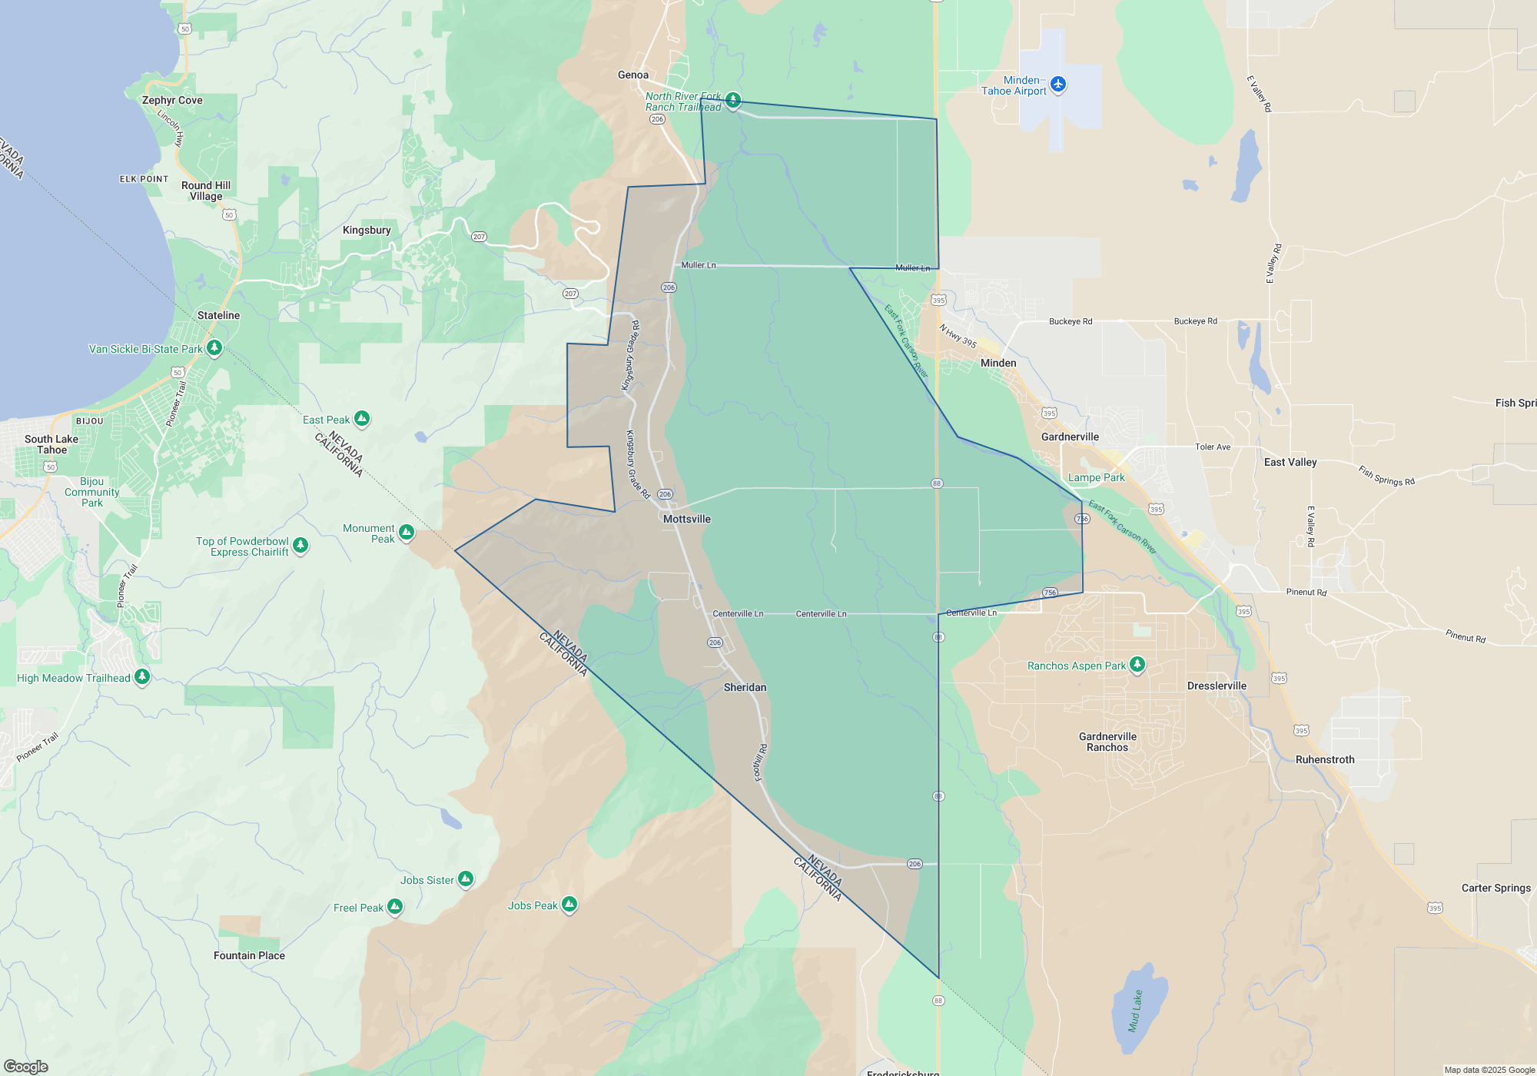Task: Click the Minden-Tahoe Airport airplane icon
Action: pos(1058,84)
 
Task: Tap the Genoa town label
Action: pos(633,75)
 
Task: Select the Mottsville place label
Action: pos(687,519)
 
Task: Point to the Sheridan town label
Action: pos(745,687)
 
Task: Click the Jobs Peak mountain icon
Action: pos(569,905)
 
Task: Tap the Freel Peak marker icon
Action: pos(395,907)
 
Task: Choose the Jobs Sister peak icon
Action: pos(466,879)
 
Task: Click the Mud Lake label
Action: pos(1135,1010)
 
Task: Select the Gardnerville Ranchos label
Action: pos(1107,742)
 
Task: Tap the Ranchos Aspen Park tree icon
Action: pos(1137,665)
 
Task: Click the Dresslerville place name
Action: pos(1217,686)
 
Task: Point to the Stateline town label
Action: pos(218,315)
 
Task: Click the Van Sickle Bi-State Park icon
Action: pos(214,348)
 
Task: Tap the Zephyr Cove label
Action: pos(172,100)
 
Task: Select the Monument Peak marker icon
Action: pos(407,532)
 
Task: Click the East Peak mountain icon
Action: pos(362,419)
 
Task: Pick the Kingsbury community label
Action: pos(367,230)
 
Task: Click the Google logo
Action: pos(25,1067)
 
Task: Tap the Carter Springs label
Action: pos(1496,888)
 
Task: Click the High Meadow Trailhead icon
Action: pos(142,677)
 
